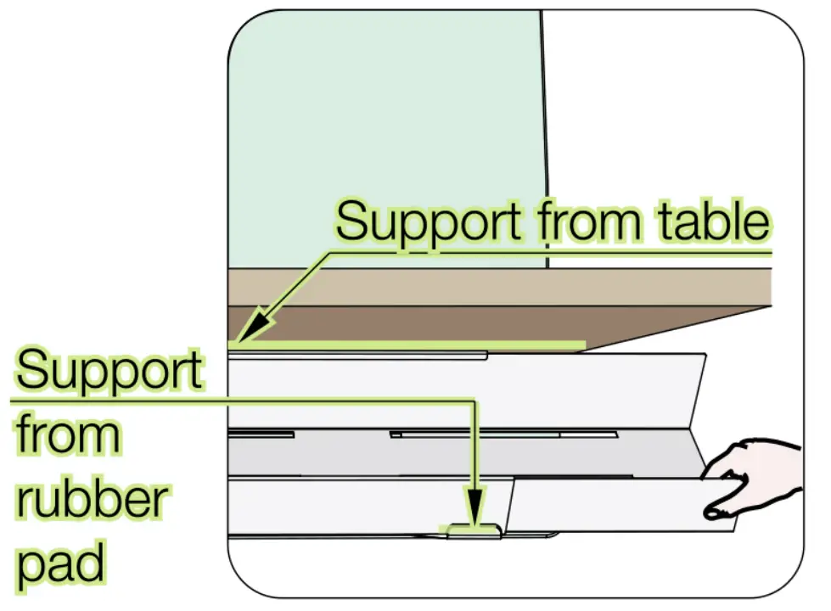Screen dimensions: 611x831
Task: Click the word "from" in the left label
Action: [x=68, y=434]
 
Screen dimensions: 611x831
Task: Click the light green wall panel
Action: [x=382, y=127]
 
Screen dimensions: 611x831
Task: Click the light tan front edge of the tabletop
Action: [x=501, y=287]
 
